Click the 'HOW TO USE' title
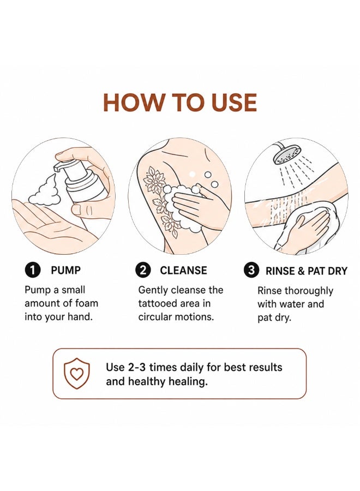[180, 103]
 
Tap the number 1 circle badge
[33, 270]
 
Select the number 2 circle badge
[143, 270]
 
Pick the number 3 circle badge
[251, 270]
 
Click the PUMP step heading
[66, 270]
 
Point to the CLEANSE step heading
[183, 271]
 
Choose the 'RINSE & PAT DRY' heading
[307, 271]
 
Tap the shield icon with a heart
[77, 374]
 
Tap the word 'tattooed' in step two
[157, 303]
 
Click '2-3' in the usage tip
[137, 367]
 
